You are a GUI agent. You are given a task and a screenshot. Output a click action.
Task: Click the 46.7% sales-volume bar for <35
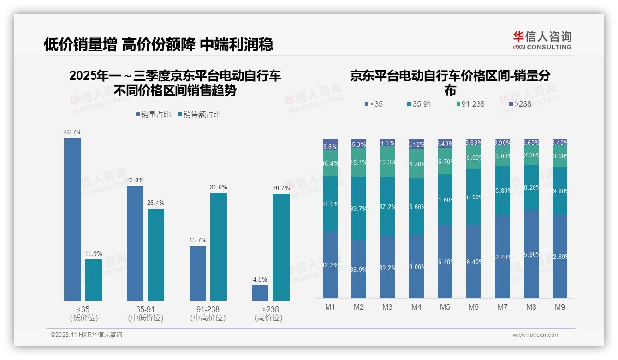coord(72,219)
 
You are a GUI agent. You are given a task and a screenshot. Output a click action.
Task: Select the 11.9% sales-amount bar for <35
coord(94,280)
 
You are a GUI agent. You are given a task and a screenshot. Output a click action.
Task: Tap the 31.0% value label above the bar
coord(219,187)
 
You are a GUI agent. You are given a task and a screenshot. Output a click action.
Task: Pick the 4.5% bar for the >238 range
coord(260,293)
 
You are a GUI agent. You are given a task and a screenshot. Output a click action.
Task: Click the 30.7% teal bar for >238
coord(281,247)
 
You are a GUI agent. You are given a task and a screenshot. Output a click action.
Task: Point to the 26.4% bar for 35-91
coord(156,255)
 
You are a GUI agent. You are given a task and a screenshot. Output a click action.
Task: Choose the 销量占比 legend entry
coord(153,114)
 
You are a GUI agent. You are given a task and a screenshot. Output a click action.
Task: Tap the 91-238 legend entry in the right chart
coord(470,104)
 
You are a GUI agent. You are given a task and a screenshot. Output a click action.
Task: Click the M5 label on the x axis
coord(445,307)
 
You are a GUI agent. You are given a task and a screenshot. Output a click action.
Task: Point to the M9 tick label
coord(559,307)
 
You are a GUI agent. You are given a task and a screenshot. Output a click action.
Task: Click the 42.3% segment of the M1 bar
coord(330,264)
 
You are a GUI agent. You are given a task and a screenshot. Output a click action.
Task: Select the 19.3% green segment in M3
coord(387,162)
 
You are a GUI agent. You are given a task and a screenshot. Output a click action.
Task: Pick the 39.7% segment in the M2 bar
coord(359,208)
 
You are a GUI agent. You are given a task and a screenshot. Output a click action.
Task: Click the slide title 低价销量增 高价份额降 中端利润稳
coord(159,44)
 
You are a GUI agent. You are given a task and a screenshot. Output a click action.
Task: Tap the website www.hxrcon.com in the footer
coord(536,335)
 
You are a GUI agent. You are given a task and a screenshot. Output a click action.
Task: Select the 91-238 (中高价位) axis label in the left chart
coord(208,313)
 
